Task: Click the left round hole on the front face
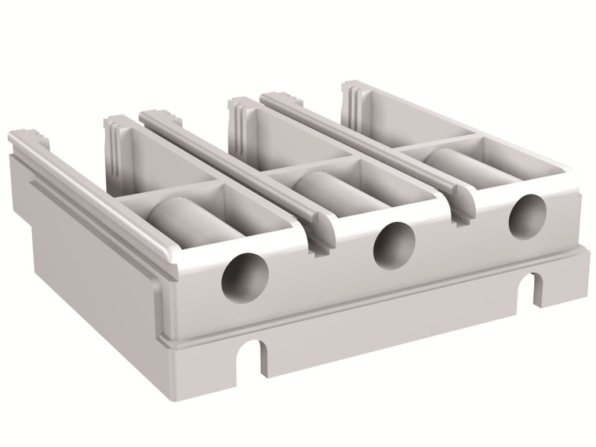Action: tap(245, 275)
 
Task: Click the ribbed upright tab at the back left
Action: tap(117, 138)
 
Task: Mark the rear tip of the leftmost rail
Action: tap(19, 137)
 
